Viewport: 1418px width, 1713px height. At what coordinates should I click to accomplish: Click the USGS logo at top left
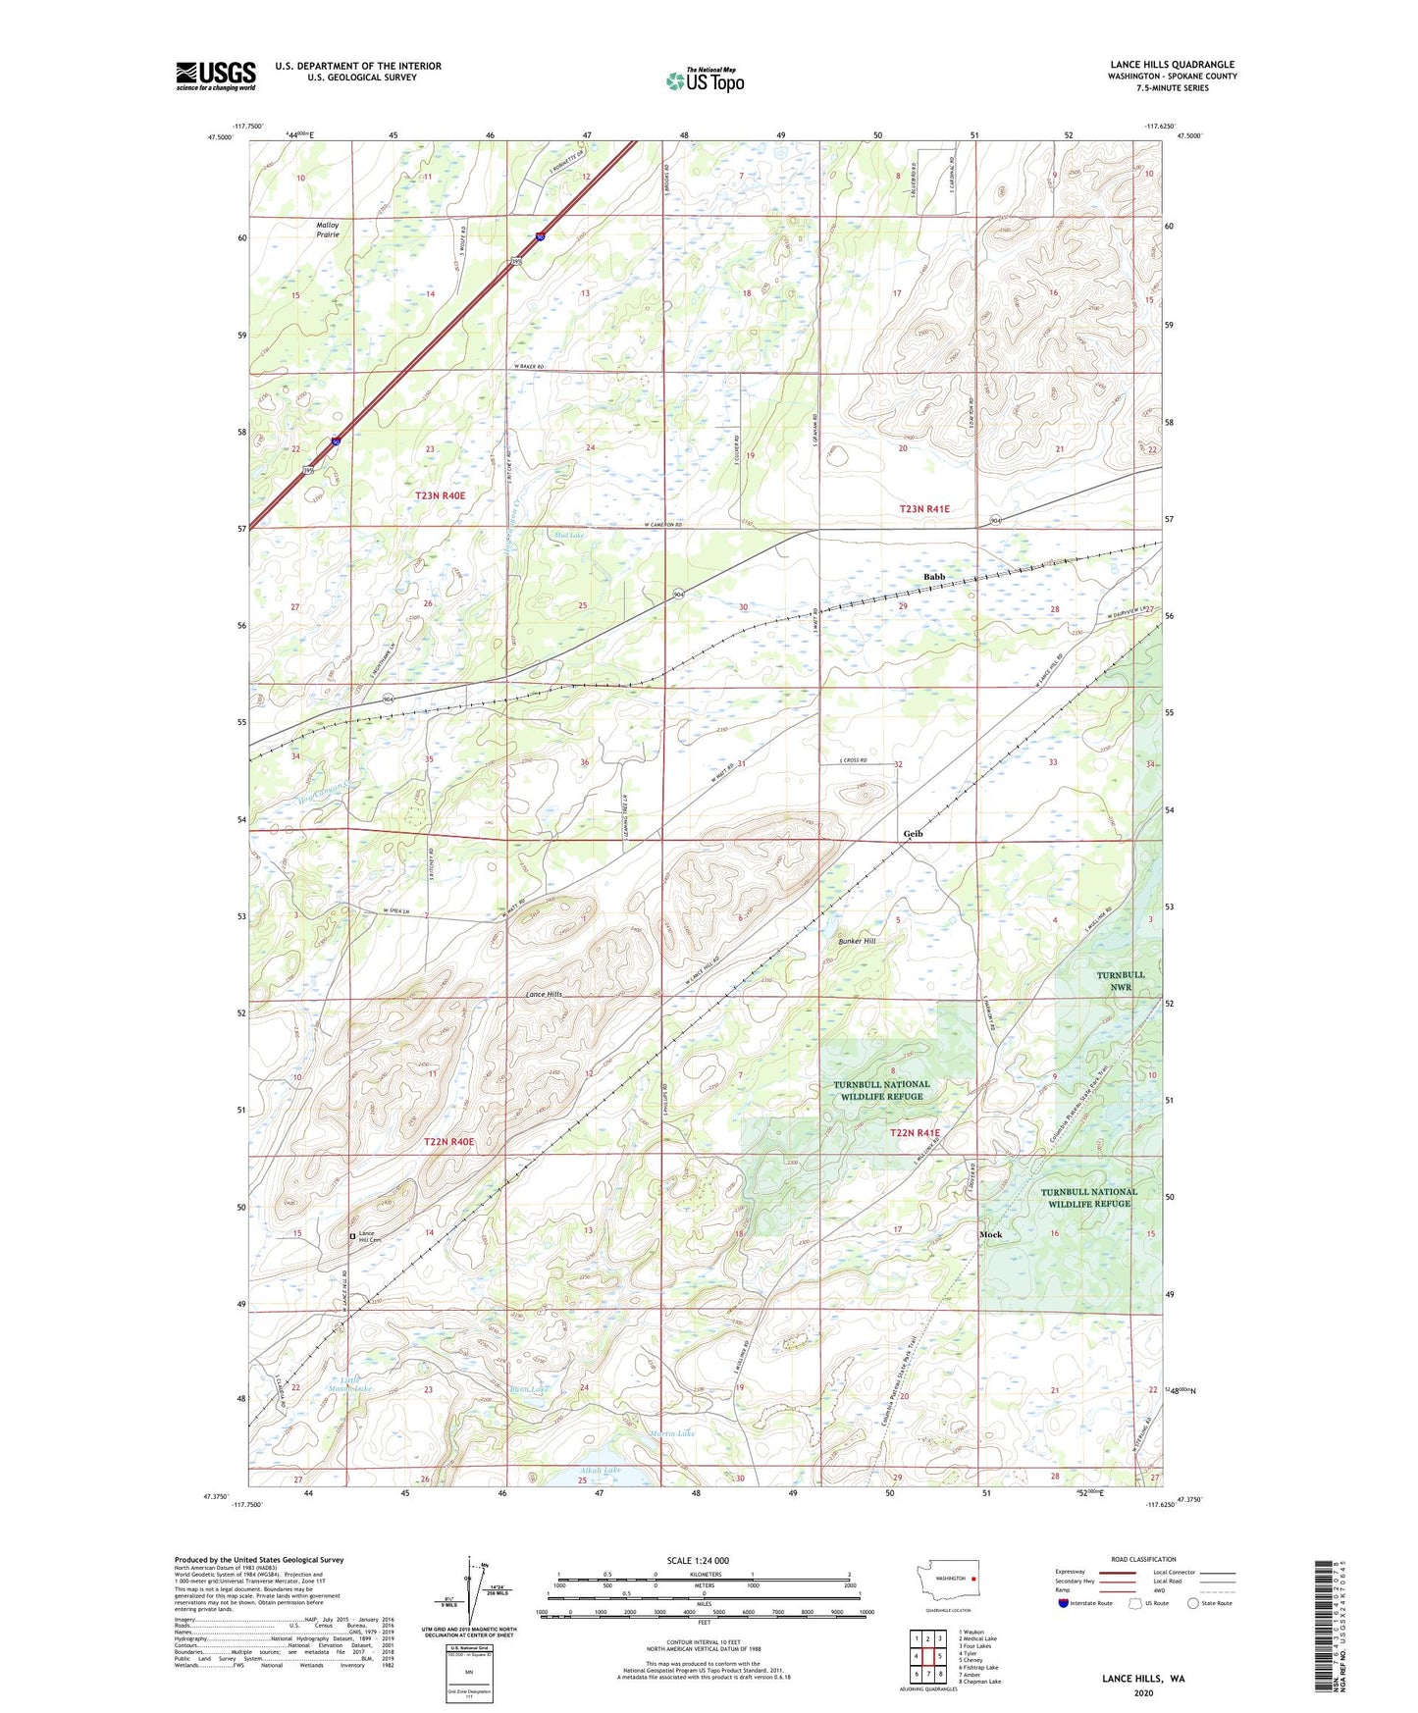(x=215, y=76)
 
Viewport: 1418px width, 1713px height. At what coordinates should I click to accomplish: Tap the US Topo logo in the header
(x=705, y=80)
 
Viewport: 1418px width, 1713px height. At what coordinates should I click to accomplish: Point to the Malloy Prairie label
(x=328, y=230)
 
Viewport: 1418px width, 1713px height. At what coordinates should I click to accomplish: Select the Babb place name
(x=933, y=577)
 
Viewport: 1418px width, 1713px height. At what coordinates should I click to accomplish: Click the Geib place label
(x=913, y=834)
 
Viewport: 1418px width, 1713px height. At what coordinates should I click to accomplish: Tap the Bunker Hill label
(x=857, y=941)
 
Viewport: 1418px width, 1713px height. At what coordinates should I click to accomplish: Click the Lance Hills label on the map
(x=544, y=994)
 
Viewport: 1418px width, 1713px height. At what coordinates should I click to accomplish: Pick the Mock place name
(x=990, y=1234)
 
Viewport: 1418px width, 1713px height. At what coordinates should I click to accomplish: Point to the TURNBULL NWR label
(x=1120, y=981)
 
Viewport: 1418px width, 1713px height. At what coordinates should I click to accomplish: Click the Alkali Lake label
(x=600, y=1471)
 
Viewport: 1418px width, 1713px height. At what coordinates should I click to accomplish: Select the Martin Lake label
(x=672, y=1433)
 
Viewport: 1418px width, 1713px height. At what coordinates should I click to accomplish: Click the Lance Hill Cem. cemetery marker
(x=353, y=1236)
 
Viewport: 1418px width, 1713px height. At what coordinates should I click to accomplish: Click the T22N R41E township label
(x=914, y=1133)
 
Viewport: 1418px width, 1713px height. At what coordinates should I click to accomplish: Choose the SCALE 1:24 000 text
(x=698, y=1560)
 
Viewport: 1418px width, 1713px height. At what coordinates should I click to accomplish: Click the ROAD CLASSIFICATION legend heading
(x=1143, y=1559)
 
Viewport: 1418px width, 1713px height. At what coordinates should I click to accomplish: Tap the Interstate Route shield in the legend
(x=1064, y=1603)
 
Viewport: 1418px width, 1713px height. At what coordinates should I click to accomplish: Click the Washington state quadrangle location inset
(x=947, y=1582)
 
